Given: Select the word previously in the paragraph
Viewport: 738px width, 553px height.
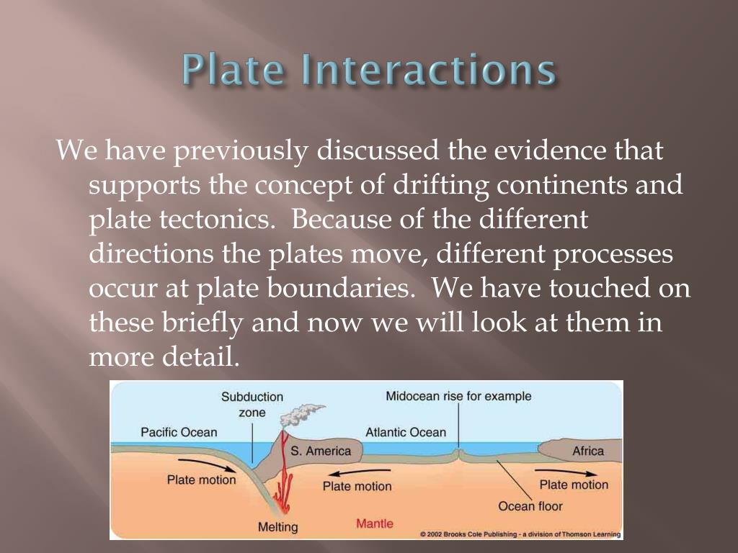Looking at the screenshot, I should pyautogui.click(x=242, y=151).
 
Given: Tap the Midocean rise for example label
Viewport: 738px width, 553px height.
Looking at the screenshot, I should pyautogui.click(x=458, y=396).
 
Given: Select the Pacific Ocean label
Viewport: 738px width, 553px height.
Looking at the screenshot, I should pyautogui.click(x=179, y=432).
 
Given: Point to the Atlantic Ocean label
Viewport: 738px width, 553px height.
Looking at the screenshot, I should pyautogui.click(x=406, y=432).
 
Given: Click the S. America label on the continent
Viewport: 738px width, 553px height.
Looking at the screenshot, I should pyautogui.click(x=321, y=451).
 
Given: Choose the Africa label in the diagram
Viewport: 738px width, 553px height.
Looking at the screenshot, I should pyautogui.click(x=588, y=451).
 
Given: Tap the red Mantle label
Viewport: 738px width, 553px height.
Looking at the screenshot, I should pyautogui.click(x=375, y=523).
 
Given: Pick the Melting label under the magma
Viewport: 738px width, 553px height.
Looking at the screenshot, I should pyautogui.click(x=277, y=527).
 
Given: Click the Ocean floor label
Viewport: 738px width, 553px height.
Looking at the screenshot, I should pyautogui.click(x=530, y=506).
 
